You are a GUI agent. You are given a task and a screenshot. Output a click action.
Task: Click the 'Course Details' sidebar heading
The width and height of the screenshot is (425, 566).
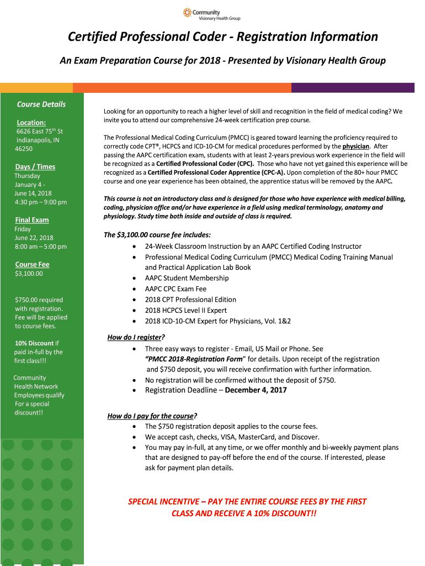(41, 104)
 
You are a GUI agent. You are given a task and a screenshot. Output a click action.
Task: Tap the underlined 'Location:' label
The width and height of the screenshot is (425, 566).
(31, 123)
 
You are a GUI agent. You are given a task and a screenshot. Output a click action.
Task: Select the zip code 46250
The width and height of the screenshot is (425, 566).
(24, 149)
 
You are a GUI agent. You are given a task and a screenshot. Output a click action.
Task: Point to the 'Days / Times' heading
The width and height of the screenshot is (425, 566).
(35, 167)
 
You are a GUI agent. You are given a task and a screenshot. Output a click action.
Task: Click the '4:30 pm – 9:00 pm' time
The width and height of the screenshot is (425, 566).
(40, 202)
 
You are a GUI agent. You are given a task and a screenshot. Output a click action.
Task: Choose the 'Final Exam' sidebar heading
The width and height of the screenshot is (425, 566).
(32, 220)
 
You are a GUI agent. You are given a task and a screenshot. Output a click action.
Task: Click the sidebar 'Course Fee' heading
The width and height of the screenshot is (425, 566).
(32, 265)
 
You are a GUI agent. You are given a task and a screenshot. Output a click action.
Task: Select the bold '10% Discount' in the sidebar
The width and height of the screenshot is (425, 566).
(34, 343)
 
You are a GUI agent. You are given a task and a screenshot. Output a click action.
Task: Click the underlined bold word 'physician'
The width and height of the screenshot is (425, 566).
(355, 146)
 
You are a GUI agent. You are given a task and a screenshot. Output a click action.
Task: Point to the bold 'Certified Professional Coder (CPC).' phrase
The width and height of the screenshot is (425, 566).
(205, 164)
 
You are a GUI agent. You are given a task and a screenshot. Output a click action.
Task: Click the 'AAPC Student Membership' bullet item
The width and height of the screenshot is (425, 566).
(187, 278)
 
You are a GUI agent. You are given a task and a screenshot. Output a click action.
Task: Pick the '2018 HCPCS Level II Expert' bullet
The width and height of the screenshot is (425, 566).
(185, 310)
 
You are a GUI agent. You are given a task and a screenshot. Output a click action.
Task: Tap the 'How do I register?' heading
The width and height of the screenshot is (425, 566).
(136, 338)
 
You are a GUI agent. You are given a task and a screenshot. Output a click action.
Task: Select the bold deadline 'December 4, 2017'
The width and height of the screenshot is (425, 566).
(256, 390)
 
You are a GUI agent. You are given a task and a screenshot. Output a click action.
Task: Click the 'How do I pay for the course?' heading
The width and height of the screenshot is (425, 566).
(152, 416)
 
